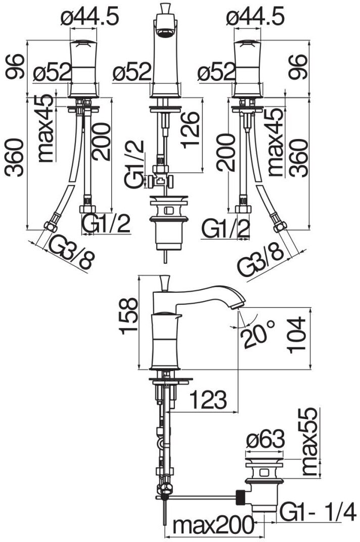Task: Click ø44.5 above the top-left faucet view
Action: click(90, 17)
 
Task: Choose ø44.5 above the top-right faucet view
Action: click(256, 17)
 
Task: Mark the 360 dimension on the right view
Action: click(300, 158)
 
